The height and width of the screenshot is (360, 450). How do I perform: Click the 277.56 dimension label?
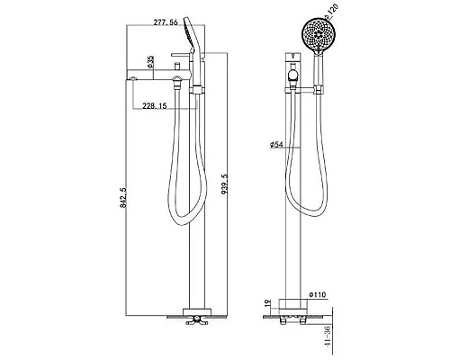click(x=166, y=22)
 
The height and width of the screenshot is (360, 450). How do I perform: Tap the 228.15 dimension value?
click(x=154, y=106)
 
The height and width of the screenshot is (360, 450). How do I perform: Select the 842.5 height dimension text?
click(x=123, y=198)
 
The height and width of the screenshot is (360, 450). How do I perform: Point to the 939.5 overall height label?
click(x=225, y=184)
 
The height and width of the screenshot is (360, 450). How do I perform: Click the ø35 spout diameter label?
click(x=150, y=62)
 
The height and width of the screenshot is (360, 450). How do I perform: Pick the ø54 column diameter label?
click(x=276, y=145)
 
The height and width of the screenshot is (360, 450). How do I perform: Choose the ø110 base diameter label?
click(x=317, y=295)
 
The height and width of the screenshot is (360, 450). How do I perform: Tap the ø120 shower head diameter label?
click(x=330, y=12)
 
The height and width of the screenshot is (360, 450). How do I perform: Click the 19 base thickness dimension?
click(x=268, y=303)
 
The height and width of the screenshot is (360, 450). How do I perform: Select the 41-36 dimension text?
click(x=328, y=337)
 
